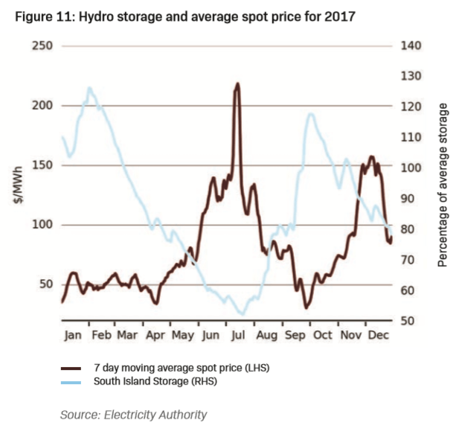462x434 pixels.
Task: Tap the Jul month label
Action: pos(240,335)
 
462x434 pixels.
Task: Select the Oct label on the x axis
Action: pos(322,335)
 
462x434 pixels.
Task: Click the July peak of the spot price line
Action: pos(237,84)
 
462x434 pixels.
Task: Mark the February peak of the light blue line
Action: pos(89,88)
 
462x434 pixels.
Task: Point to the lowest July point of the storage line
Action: pos(240,314)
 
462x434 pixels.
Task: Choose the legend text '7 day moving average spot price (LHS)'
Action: pos(178,368)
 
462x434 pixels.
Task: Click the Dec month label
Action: pos(379,335)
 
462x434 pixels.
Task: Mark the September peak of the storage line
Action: pos(309,114)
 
